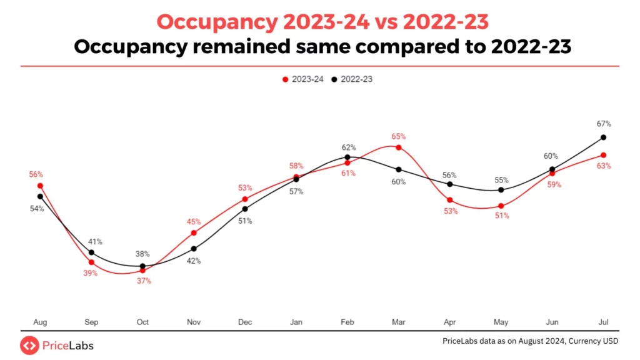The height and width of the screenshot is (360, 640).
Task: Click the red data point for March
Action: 399,147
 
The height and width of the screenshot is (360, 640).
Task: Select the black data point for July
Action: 603,137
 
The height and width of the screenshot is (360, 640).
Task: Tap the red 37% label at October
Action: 144,281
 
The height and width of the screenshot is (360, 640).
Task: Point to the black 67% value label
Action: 604,124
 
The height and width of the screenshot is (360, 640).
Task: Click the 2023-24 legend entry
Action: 302,79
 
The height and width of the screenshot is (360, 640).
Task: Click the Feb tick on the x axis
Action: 347,322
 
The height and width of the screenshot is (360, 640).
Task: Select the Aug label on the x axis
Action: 40,322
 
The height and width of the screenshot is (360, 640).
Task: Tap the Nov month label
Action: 194,322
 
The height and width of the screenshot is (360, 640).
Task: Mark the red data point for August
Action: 40,186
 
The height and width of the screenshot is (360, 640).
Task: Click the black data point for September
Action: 91,252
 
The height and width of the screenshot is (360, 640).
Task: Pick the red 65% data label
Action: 399,136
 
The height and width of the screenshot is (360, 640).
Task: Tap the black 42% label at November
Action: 194,261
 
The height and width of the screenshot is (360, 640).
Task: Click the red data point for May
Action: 501,206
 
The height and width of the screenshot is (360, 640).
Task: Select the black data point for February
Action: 347,157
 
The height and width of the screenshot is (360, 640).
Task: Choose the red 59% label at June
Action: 554,185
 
